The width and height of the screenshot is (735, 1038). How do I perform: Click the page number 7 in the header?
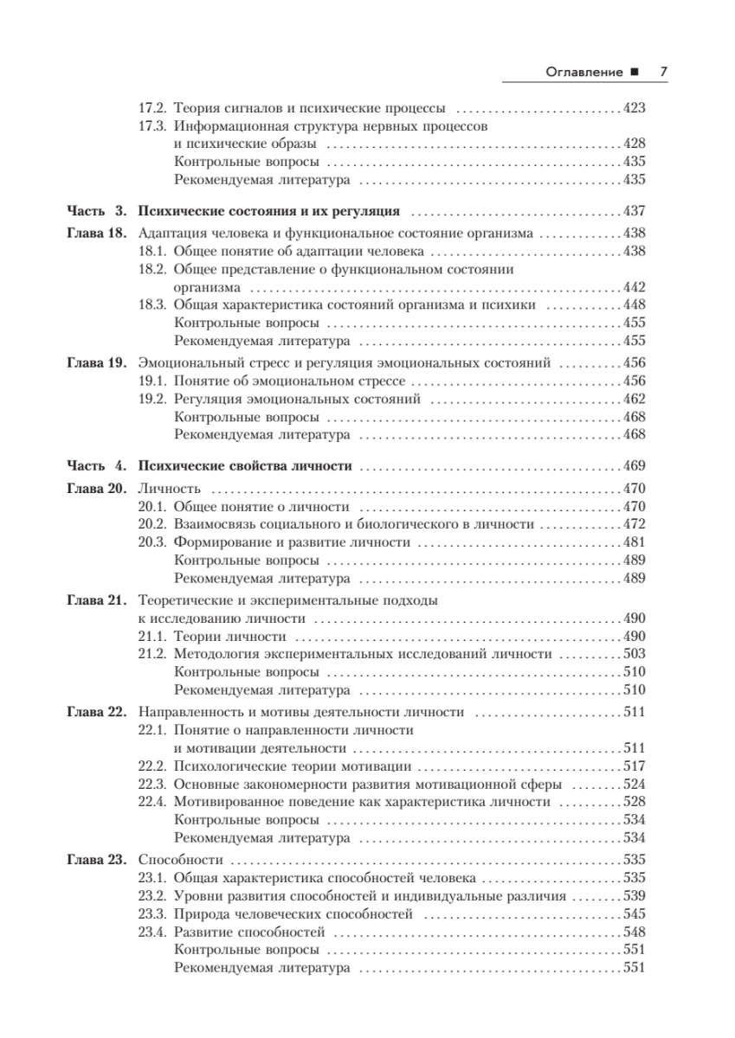pyautogui.click(x=662, y=73)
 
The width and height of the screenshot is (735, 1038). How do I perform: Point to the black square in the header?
pyautogui.click(x=635, y=73)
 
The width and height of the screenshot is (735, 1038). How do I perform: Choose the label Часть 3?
pyautogui.click(x=97, y=211)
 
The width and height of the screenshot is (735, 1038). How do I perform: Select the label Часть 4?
pyautogui.click(x=97, y=466)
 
